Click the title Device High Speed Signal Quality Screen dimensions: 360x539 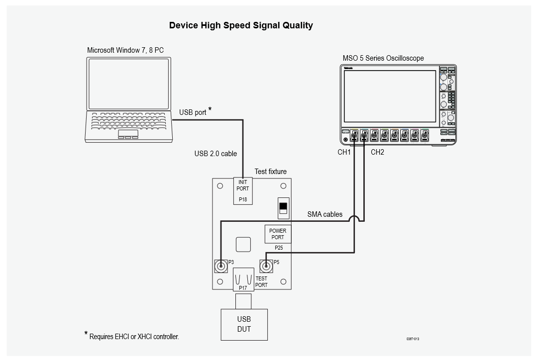tap(241, 25)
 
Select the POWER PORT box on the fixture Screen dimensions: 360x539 tap(278, 234)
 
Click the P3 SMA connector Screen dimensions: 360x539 tap(220, 266)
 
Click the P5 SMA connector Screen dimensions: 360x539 tap(266, 266)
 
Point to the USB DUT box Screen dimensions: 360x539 tap(244, 325)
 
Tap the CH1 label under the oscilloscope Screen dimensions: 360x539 tap(344, 152)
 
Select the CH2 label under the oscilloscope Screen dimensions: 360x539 tap(377, 152)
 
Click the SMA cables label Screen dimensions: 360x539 tap(324, 214)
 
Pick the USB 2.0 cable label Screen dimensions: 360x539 tap(216, 154)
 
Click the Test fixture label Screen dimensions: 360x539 tap(271, 172)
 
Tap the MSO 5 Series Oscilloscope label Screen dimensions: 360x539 tap(383, 58)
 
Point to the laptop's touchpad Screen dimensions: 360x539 tap(128, 134)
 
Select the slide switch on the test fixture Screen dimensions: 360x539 tap(283, 208)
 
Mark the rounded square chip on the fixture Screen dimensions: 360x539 tap(243, 244)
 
